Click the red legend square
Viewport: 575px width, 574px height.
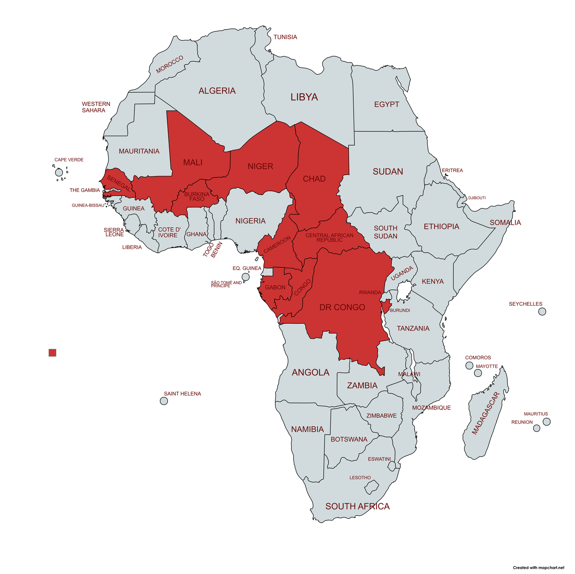tap(52, 352)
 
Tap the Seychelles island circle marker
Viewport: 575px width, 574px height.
tap(542, 311)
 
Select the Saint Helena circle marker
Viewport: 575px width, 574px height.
tap(164, 401)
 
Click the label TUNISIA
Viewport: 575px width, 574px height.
tap(285, 37)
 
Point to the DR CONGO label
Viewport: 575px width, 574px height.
tap(342, 307)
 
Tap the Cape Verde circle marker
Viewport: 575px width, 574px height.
tap(59, 172)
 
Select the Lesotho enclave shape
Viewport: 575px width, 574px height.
tap(371, 487)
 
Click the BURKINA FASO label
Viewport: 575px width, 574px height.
tap(197, 196)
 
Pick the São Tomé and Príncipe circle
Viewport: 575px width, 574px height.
tap(245, 277)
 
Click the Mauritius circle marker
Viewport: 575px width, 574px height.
tap(546, 421)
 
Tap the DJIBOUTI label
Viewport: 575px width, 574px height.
tap(477, 198)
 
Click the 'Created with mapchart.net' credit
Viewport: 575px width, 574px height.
tap(538, 568)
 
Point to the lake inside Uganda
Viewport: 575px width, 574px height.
tap(404, 290)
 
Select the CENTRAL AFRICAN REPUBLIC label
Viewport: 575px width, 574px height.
tap(329, 237)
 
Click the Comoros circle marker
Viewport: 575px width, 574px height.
tap(469, 365)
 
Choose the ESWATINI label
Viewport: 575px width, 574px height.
tap(379, 459)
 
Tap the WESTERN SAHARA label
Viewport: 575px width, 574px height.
tap(95, 107)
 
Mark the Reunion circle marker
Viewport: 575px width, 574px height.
tap(536, 428)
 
